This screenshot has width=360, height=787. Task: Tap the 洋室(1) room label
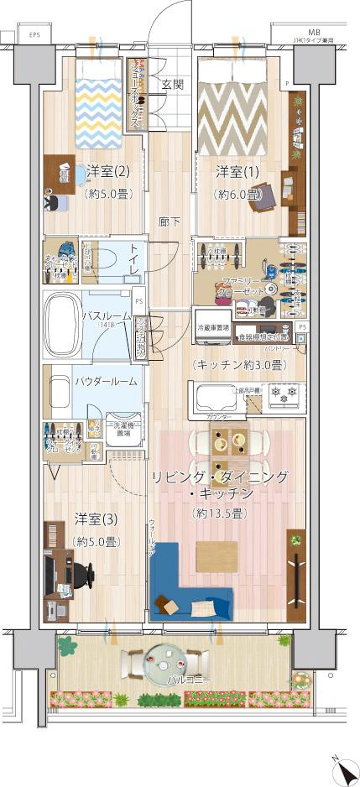point(237,172)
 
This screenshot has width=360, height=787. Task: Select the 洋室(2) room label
point(107,172)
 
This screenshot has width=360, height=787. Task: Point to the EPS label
point(34,34)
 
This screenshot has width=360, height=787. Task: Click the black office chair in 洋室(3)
point(81,576)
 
